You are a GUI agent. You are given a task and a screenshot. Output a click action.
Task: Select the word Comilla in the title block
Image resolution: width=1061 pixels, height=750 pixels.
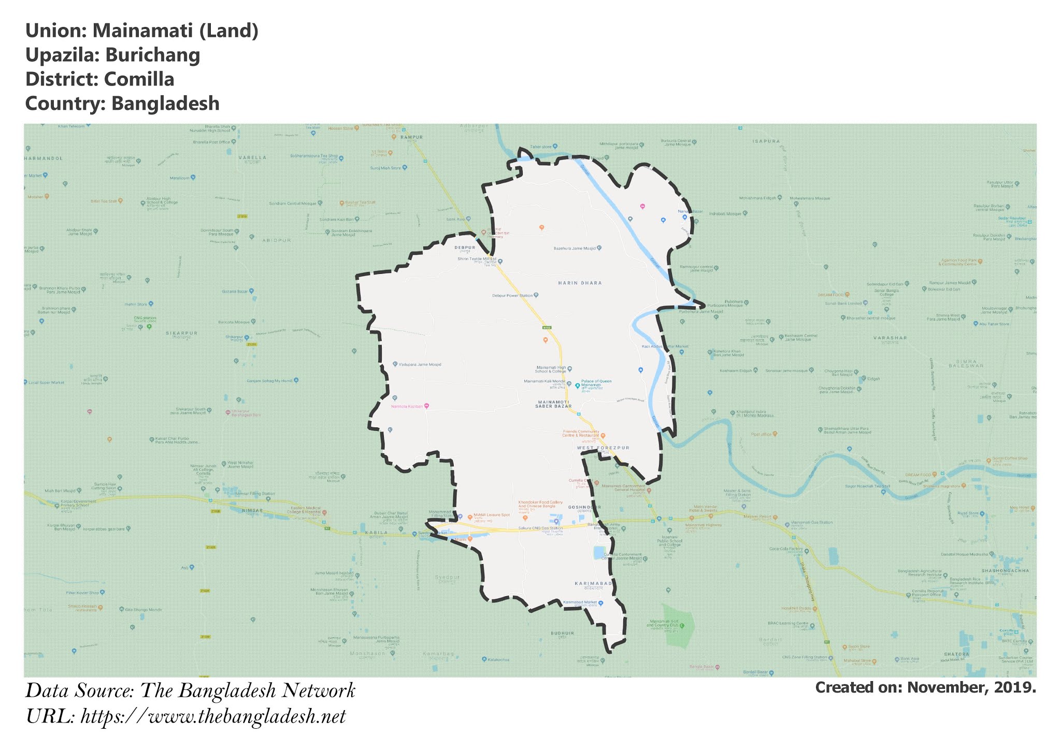[139, 80]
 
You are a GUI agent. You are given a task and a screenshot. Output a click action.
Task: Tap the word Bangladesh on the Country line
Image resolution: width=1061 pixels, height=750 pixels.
[165, 104]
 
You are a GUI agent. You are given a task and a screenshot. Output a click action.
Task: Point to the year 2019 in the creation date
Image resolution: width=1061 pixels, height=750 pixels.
[1017, 688]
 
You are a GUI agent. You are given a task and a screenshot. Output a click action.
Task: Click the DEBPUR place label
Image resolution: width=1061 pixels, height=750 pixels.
[465, 248]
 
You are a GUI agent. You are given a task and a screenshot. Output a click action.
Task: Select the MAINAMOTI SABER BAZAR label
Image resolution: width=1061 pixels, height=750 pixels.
[553, 405]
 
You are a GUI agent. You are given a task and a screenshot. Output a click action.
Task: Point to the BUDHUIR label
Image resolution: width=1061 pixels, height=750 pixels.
[562, 633]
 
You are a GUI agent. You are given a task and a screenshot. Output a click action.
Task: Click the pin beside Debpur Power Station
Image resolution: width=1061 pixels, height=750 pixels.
[536, 295]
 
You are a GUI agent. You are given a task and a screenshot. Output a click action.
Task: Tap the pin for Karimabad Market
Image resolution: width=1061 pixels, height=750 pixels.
[601, 603]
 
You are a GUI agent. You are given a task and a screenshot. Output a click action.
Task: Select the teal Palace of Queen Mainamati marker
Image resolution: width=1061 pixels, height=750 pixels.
[577, 386]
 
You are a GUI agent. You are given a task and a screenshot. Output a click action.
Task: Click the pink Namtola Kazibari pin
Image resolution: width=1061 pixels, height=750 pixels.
[426, 407]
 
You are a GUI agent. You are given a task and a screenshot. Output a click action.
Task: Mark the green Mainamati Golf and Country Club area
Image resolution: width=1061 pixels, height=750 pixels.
[679, 626]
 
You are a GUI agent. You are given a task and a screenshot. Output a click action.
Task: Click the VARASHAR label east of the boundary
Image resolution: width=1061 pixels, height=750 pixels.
[890, 338]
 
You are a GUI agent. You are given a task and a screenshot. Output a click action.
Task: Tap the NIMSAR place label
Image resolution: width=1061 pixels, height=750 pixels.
[253, 511]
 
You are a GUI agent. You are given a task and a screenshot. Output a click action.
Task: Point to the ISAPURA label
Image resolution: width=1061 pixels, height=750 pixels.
[766, 141]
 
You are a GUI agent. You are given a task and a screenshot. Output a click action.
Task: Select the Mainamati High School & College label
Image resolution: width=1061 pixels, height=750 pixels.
[551, 369]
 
